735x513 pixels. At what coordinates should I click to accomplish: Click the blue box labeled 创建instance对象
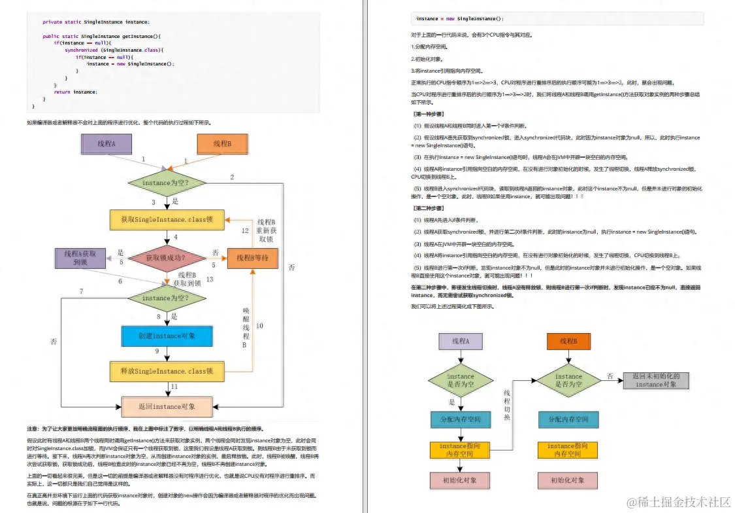pyautogui.click(x=167, y=336)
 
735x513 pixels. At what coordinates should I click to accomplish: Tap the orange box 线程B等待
pyautogui.click(x=252, y=258)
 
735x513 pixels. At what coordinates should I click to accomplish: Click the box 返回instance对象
pyautogui.click(x=167, y=406)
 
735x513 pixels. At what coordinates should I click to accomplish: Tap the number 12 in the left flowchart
pyautogui.click(x=245, y=230)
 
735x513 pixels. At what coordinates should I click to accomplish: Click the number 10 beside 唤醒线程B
pyautogui.click(x=259, y=325)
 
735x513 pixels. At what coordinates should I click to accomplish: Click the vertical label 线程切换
pyautogui.click(x=506, y=405)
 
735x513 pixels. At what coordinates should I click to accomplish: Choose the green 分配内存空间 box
pyautogui.click(x=568, y=419)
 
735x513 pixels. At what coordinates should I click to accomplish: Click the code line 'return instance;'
pyautogui.click(x=75, y=92)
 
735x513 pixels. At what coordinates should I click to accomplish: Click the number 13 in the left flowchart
pyautogui.click(x=209, y=279)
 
